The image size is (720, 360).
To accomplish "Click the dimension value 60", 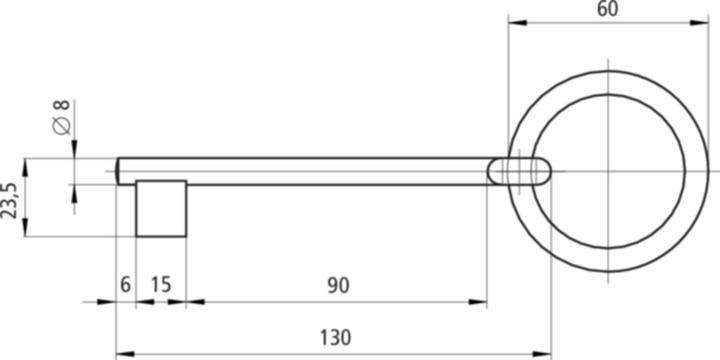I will [x=607, y=9].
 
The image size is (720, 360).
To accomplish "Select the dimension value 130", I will [x=337, y=337].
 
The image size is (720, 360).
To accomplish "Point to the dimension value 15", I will [x=160, y=285].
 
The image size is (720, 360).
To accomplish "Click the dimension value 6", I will [x=125, y=285].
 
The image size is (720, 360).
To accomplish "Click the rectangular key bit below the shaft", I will [x=161, y=208].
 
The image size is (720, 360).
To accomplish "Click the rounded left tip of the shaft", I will [x=120, y=171].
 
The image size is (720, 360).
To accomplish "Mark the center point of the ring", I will [x=608, y=171].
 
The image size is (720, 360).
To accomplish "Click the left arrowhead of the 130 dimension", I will [x=122, y=353].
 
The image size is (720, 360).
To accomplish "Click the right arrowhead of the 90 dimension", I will [x=482, y=301].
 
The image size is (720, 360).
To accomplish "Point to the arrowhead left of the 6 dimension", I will [x=111, y=301].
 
